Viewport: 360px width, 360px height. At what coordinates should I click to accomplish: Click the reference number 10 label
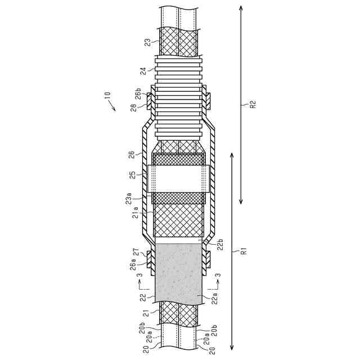[107, 95]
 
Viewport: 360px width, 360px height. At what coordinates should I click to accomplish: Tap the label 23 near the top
[148, 43]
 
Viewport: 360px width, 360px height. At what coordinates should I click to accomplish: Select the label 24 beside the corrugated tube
[143, 71]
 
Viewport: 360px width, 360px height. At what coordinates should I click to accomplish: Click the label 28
[134, 107]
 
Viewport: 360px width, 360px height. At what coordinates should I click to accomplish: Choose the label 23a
[129, 199]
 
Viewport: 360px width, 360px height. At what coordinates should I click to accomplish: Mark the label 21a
[136, 212]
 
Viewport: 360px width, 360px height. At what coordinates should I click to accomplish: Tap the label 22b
[220, 245]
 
